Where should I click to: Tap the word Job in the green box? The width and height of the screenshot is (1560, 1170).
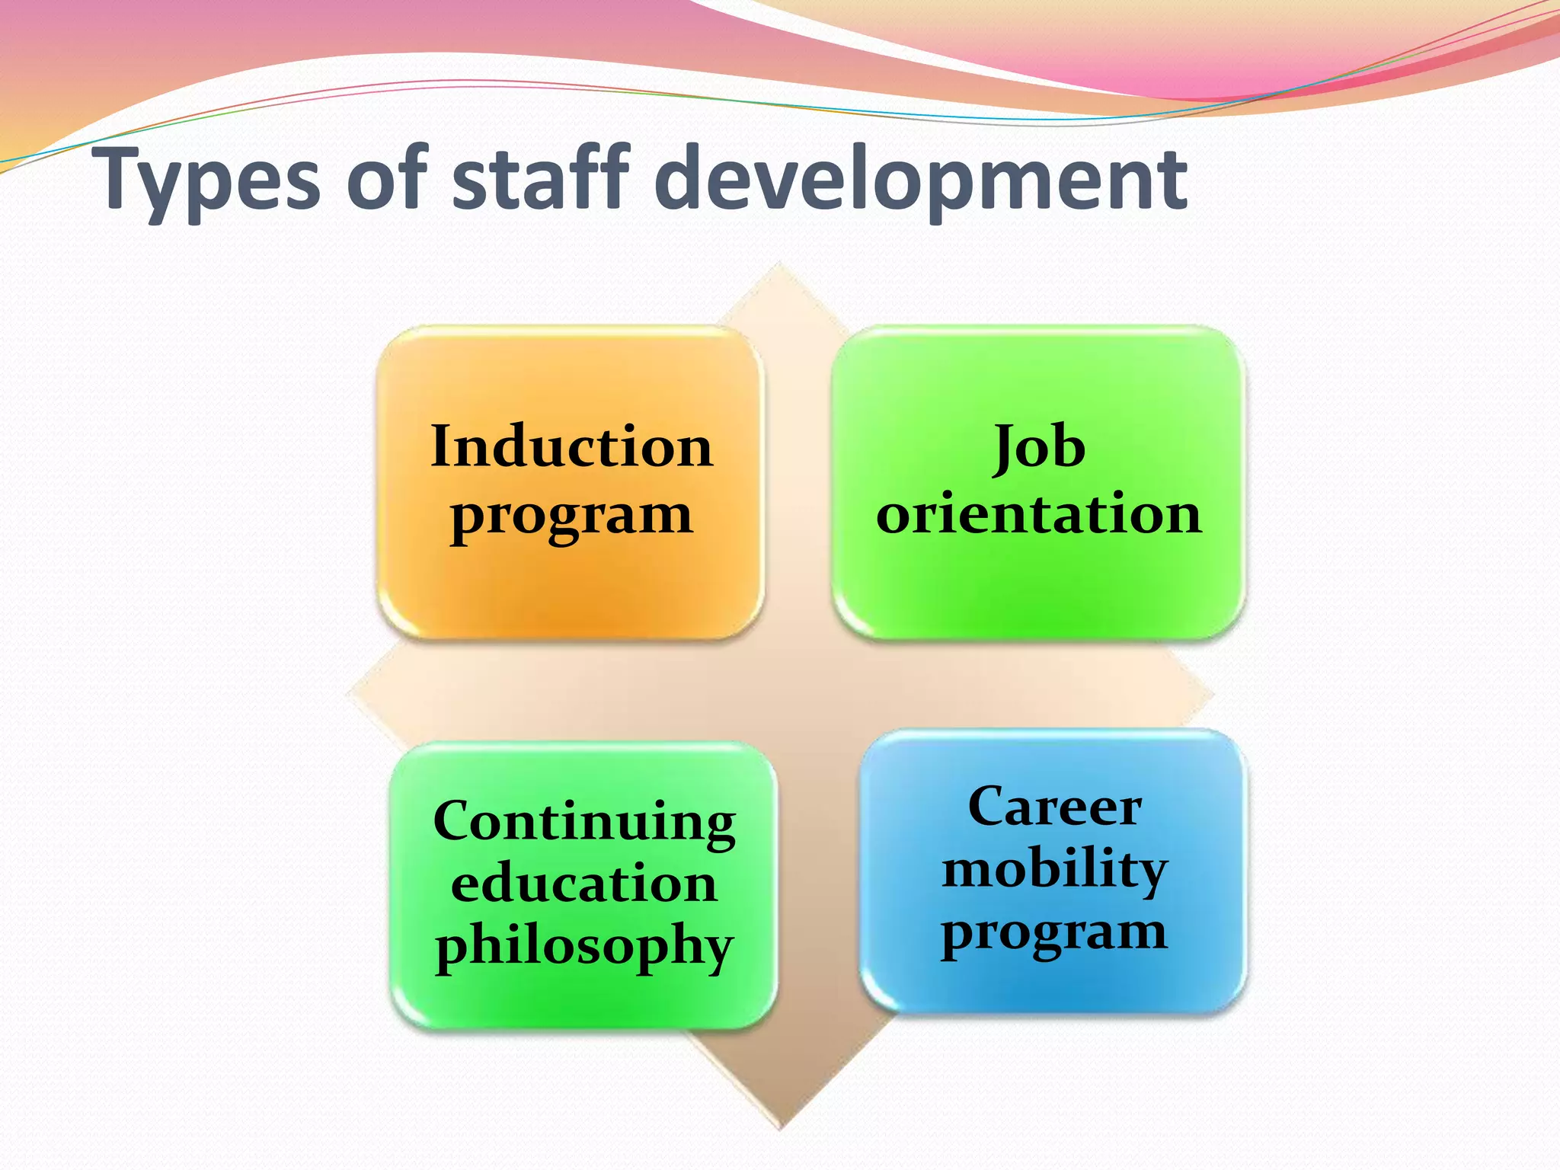(1039, 448)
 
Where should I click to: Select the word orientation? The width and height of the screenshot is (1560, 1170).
(1039, 513)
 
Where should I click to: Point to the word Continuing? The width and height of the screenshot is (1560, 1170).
(584, 823)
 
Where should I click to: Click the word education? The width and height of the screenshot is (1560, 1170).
(584, 884)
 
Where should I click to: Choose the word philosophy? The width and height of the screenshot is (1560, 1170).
(584, 947)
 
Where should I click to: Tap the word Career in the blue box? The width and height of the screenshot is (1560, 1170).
(1054, 807)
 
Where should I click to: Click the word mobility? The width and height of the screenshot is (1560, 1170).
(1054, 870)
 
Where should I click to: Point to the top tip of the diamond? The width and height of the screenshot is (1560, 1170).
(778, 264)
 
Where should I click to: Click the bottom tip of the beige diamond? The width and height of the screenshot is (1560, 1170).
(780, 1127)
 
